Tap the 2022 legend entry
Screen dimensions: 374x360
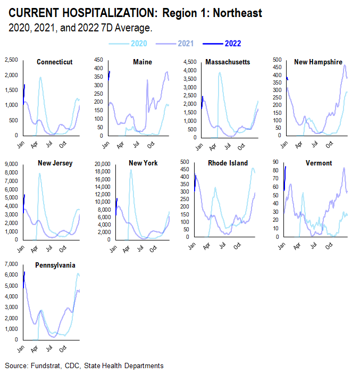pyautogui.click(x=233, y=44)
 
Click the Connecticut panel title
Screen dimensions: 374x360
pyautogui.click(x=55, y=62)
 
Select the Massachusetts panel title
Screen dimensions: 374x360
pyautogui.click(x=228, y=62)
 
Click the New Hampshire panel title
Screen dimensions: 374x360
pyautogui.click(x=318, y=62)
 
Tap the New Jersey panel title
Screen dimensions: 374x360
pyautogui.click(x=55, y=163)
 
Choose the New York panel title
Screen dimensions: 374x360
pyautogui.click(x=143, y=163)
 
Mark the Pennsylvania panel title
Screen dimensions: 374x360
pyautogui.click(x=55, y=264)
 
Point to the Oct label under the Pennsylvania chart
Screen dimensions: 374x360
pyautogui.click(x=63, y=350)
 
